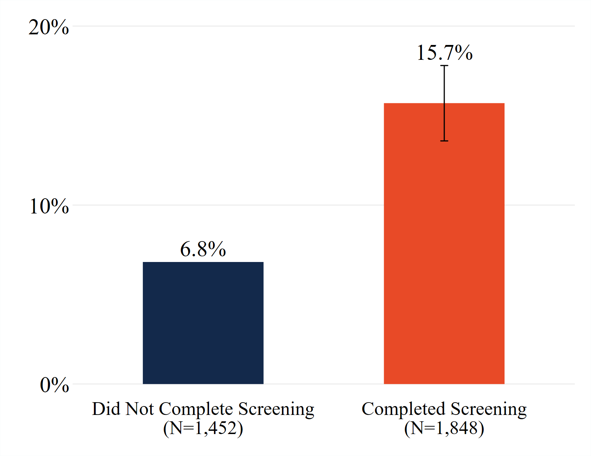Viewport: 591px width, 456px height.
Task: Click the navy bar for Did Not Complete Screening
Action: [203, 323]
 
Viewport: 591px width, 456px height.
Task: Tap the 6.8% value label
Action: [203, 249]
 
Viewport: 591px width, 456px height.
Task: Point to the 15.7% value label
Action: [444, 53]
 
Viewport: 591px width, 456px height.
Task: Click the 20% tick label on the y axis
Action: [49, 27]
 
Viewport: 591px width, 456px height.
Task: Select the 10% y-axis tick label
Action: [49, 206]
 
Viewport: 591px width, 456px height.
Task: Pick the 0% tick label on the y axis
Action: [54, 385]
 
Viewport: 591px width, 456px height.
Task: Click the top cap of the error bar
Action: [444, 66]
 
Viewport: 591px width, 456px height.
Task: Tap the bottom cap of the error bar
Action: [444, 141]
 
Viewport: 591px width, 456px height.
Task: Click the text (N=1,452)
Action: [203, 428]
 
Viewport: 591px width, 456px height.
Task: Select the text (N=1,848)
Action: [444, 428]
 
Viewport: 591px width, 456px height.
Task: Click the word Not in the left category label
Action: [139, 409]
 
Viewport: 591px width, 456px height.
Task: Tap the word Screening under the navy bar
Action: [276, 410]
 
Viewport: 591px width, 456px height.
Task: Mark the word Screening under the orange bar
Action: [489, 410]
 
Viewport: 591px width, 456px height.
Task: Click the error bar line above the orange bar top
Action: [444, 85]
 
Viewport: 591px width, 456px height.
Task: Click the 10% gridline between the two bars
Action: [323, 205]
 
